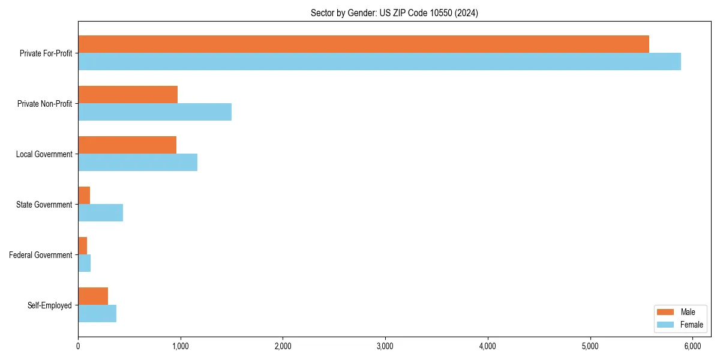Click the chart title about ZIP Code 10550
pos(394,13)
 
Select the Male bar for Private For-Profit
pos(364,44)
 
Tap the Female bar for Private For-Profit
pos(379,61)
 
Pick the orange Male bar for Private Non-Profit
pos(128,94)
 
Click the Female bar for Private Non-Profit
pos(155,112)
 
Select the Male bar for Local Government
pos(127,145)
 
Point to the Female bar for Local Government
pos(137,162)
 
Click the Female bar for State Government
pos(100,212)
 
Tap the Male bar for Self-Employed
pos(93,296)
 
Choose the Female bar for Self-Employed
pos(97,313)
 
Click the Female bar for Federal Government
pos(84,263)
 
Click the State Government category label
pos(44,205)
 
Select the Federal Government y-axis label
pos(41,255)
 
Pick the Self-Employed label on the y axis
pos(50,305)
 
